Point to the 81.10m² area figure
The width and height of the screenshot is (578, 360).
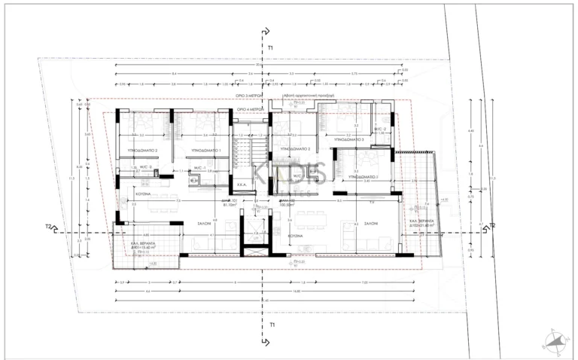[x=231, y=203]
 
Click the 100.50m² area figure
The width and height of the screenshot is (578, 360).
[x=286, y=203]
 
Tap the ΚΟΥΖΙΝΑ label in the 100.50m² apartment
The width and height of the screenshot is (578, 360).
[x=295, y=235]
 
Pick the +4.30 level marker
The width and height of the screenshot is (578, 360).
[x=444, y=200]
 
